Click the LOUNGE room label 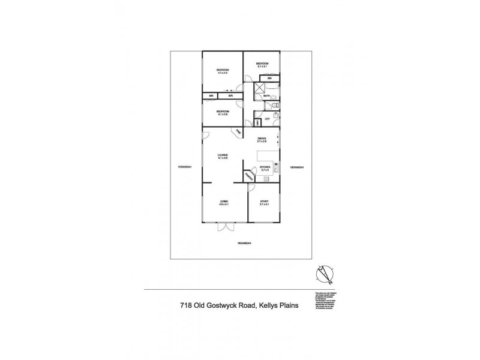(x=223, y=156)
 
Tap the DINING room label (x=262, y=139)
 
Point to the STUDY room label (x=264, y=202)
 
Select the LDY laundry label (x=267, y=119)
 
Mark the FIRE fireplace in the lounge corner (x=238, y=131)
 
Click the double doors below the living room (x=223, y=227)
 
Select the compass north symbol (x=325, y=274)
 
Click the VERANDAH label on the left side (x=184, y=167)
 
